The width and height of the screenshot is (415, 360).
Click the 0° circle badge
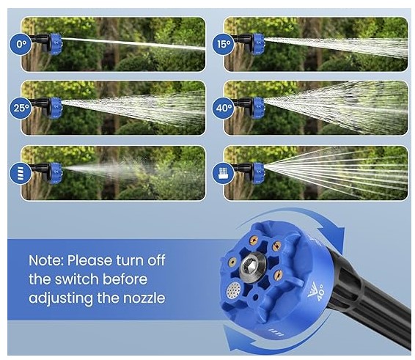pyautogui.click(x=21, y=44)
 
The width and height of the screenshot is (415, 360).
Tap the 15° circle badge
pyautogui.click(x=224, y=44)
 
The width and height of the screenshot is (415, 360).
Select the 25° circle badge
pyautogui.click(x=21, y=108)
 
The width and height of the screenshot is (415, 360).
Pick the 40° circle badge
pyautogui.click(x=224, y=108)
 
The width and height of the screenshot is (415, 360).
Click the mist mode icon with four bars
pyautogui.click(x=21, y=173)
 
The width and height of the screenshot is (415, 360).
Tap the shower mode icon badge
pyautogui.click(x=224, y=173)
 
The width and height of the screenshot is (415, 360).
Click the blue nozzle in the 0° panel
pyautogui.click(x=55, y=44)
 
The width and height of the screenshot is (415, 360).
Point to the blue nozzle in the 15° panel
pyautogui.click(x=257, y=44)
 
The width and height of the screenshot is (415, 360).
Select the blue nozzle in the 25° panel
pyautogui.click(x=55, y=108)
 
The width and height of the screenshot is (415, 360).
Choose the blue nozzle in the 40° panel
pyautogui.click(x=257, y=108)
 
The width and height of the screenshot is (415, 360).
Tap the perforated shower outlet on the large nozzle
pyautogui.click(x=234, y=290)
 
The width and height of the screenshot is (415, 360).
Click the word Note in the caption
pyautogui.click(x=46, y=261)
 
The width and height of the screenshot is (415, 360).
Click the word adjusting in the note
pyautogui.click(x=61, y=298)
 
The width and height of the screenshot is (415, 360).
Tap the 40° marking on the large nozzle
pyautogui.click(x=318, y=292)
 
